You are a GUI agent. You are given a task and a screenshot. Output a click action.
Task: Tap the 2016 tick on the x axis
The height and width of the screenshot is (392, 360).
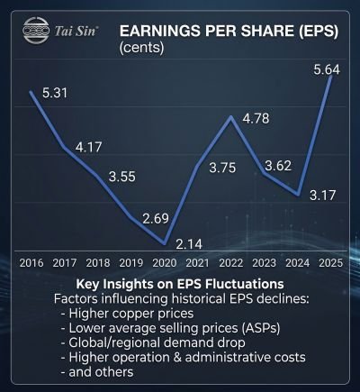(32, 263)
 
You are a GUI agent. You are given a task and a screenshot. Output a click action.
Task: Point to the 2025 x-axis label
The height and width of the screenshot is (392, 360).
(329, 263)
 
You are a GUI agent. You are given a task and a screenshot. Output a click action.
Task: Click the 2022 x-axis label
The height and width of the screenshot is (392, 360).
(230, 263)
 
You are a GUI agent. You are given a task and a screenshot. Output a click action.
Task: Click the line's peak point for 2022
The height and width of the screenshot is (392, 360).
(231, 116)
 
